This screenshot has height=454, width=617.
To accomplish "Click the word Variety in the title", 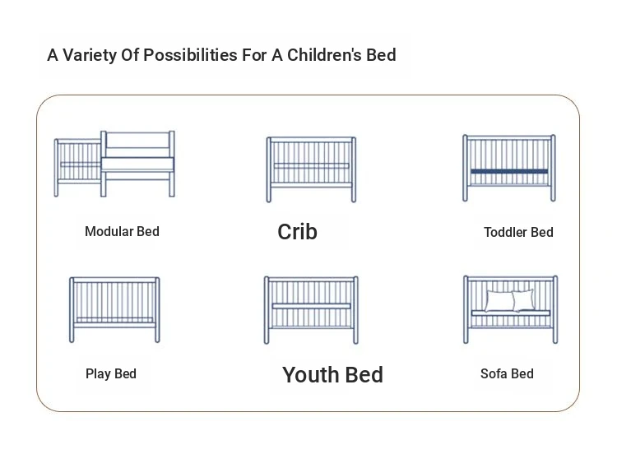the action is coord(90,55).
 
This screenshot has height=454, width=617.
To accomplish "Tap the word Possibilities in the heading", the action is coord(191,55).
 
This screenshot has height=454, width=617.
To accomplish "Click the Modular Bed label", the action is coord(122,231).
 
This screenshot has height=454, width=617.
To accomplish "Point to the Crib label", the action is coord(298,232).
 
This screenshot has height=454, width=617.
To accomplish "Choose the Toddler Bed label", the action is coord(518,232).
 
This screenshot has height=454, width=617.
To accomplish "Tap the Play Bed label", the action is coord(111,373).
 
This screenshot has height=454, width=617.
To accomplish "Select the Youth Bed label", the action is coord(332,374).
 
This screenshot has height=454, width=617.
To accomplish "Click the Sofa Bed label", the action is coord(507,373).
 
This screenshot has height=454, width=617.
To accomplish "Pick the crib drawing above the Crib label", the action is coord(311,169).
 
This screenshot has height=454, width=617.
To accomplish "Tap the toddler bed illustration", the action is coord(509,168).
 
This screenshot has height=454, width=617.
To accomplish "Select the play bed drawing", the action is coord(114,309).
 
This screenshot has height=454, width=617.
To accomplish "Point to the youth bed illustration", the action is coord(311,310).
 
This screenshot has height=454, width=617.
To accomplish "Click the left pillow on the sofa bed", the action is coord(499,301).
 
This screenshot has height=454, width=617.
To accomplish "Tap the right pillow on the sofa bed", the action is coord(524,300).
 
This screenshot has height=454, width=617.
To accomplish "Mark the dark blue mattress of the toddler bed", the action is coord(509,172).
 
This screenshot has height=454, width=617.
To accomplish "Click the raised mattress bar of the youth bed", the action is coord(311,306).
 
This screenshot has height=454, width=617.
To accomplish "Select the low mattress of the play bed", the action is coord(114,320).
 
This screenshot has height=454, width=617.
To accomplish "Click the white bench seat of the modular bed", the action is coord(137,164).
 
